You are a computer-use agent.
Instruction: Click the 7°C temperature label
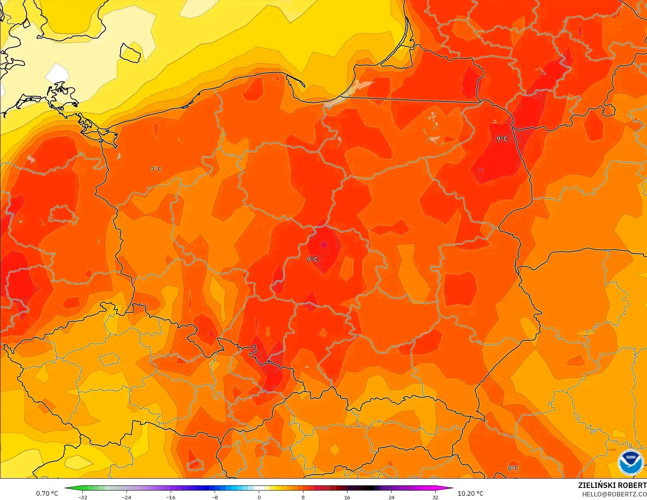156,169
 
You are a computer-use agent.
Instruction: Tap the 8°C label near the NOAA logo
513,468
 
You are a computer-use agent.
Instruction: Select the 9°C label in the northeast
502,139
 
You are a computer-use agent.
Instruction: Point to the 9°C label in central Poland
312,259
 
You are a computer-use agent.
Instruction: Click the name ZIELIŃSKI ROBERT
612,485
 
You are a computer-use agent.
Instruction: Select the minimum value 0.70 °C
47,493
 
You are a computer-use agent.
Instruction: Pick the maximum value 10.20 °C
470,493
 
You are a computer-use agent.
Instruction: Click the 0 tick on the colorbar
259,497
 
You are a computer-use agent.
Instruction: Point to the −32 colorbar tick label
82,497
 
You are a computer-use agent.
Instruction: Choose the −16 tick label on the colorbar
171,497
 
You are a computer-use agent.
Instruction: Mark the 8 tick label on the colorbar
303,497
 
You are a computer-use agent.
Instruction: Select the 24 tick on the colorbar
391,497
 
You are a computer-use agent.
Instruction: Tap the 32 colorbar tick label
435,497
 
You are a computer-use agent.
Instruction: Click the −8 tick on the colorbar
215,497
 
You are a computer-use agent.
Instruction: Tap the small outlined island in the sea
130,53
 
